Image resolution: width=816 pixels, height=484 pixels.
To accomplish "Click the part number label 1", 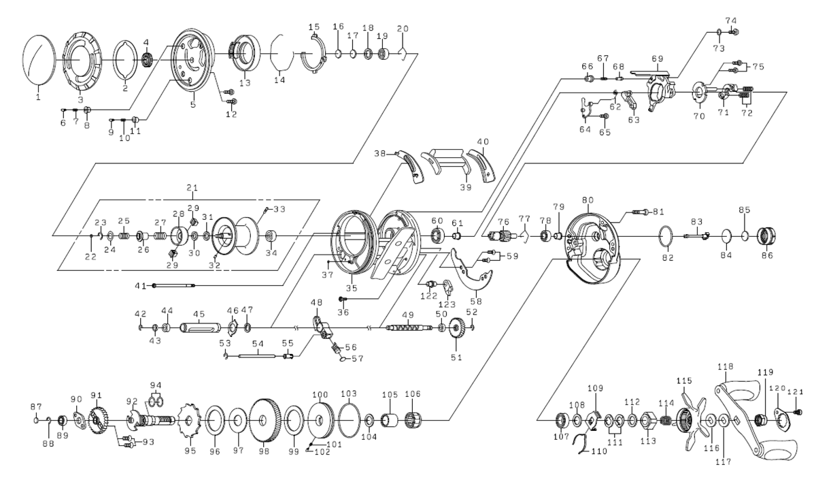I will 39,97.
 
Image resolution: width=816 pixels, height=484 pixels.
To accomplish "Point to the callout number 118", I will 726,366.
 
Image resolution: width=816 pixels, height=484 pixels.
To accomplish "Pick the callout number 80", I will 587,201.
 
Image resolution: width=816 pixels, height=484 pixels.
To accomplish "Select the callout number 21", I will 191,187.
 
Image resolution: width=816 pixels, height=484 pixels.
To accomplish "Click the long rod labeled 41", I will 174,285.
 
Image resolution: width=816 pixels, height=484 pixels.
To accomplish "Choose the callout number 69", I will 656,58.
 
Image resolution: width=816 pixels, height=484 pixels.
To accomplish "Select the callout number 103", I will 348,394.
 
